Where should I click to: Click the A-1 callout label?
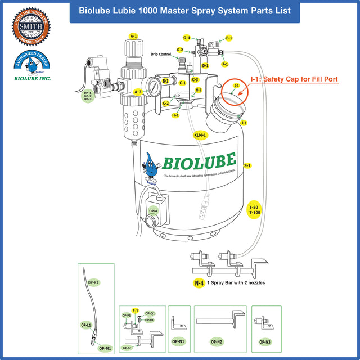tap(133, 36)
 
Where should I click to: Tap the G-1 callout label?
tap(187, 38)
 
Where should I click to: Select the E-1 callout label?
tap(229, 38)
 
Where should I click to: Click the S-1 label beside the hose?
tap(247, 166)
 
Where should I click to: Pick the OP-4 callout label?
tap(153, 211)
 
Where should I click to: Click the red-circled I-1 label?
tap(237, 86)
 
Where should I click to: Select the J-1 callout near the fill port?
tap(244, 122)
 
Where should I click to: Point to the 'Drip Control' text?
tap(161, 55)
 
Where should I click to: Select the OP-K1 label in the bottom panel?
tap(93, 281)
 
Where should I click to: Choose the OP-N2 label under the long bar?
tap(217, 341)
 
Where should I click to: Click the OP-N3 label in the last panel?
tap(265, 341)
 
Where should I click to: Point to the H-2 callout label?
tap(198, 90)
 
